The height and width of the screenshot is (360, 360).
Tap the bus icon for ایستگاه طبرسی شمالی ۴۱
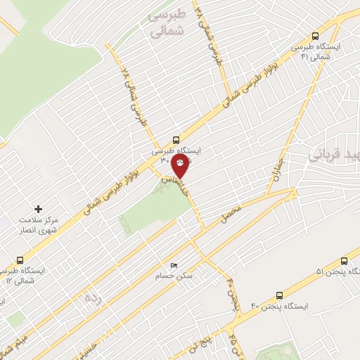(314, 36)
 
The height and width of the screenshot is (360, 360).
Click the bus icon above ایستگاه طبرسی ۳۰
(176, 139)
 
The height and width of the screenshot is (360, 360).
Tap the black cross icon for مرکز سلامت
(39, 209)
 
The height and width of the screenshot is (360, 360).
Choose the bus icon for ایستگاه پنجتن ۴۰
(279, 295)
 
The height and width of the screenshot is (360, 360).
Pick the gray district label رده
(94, 298)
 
